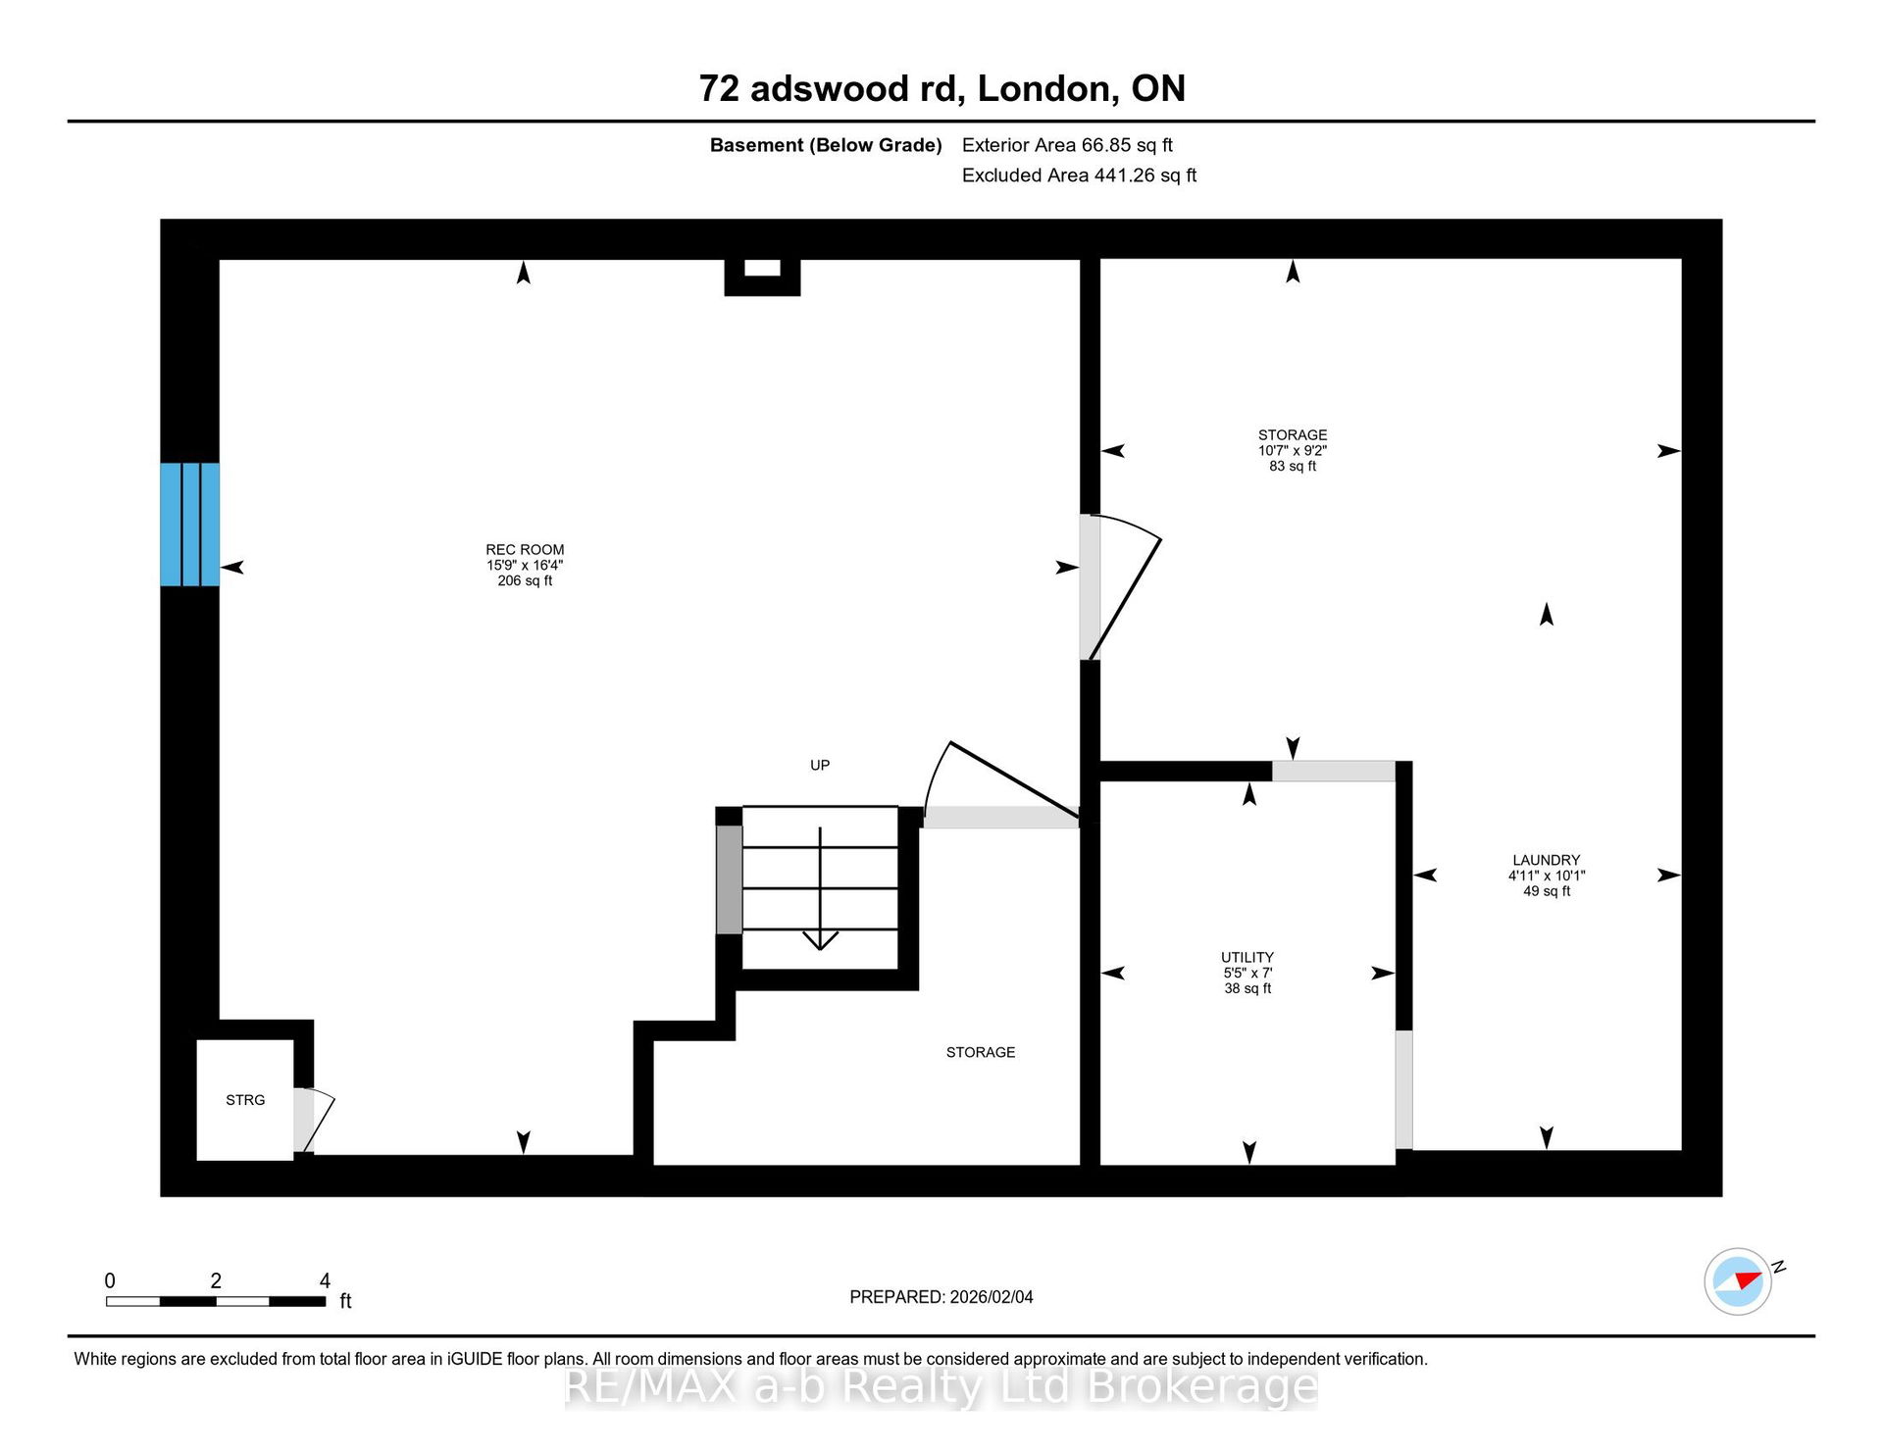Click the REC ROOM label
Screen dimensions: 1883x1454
pyautogui.click(x=525, y=550)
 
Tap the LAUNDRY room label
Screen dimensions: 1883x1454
pyautogui.click(x=1547, y=860)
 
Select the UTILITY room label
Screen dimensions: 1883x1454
pyautogui.click(x=1247, y=957)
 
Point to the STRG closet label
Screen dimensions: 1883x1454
pyautogui.click(x=245, y=1100)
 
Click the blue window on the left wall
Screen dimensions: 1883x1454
pyautogui.click(x=189, y=525)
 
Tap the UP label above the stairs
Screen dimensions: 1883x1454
pyautogui.click(x=820, y=765)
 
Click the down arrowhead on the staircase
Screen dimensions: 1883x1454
pyautogui.click(x=820, y=940)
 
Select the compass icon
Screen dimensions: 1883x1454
pyautogui.click(x=1739, y=1280)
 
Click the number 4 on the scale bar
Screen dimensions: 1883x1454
pyautogui.click(x=325, y=1280)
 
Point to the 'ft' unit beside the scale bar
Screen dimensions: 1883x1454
pyautogui.click(x=345, y=1301)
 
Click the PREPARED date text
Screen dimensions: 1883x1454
pyautogui.click(x=941, y=1297)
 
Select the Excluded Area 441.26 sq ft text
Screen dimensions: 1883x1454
pyautogui.click(x=1080, y=175)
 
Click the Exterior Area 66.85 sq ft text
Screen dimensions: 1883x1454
pyautogui.click(x=1067, y=145)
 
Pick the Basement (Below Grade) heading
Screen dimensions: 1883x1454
pyautogui.click(x=826, y=145)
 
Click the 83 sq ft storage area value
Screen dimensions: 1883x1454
pyautogui.click(x=1293, y=466)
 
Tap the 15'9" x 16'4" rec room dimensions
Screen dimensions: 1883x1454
pyautogui.click(x=525, y=565)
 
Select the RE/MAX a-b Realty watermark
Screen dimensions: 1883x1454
pyautogui.click(x=941, y=1387)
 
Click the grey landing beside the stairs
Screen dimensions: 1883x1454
pyautogui.click(x=729, y=879)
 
